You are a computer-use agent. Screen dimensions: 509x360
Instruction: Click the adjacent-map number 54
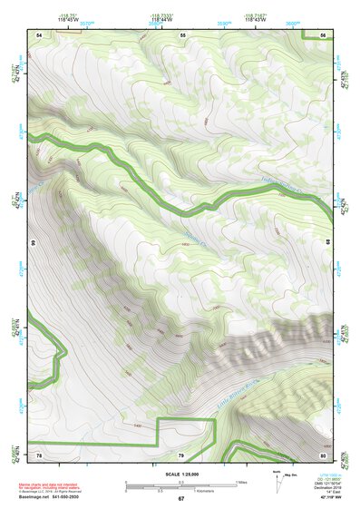pyautogui.click(x=39, y=34)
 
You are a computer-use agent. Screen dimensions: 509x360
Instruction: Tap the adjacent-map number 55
pyautogui.click(x=182, y=34)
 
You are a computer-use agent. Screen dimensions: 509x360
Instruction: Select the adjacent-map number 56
pyautogui.click(x=324, y=34)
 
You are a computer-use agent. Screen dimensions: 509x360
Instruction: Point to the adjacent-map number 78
pyautogui.click(x=39, y=455)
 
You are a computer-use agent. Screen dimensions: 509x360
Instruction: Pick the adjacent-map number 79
pyautogui.click(x=181, y=455)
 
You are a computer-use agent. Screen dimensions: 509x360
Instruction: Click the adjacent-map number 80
pyautogui.click(x=323, y=455)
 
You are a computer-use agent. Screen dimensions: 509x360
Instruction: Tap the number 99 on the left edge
pyautogui.click(x=33, y=244)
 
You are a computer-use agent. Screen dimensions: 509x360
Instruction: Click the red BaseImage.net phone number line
pyautogui.click(x=54, y=496)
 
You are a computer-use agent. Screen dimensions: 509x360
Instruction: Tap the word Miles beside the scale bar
pyautogui.click(x=244, y=481)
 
